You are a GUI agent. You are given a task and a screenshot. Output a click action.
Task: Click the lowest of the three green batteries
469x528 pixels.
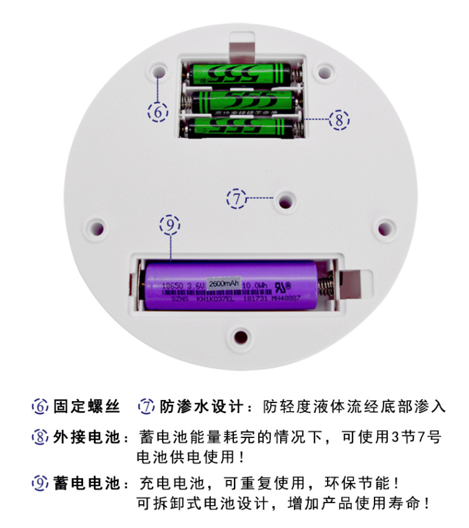pos(241,127)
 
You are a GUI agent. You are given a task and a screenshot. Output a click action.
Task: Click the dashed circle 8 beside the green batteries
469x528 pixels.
pos(339,119)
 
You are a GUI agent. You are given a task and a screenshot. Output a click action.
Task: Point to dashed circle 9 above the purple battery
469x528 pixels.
pos(169,224)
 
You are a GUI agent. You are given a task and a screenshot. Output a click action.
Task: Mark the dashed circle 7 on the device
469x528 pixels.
pos(236,199)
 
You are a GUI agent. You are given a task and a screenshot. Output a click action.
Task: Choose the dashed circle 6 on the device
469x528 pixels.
pos(158,112)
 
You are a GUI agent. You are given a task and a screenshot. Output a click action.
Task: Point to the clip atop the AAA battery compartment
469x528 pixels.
pos(243,50)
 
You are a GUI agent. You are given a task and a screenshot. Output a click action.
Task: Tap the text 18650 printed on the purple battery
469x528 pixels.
pos(173,286)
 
